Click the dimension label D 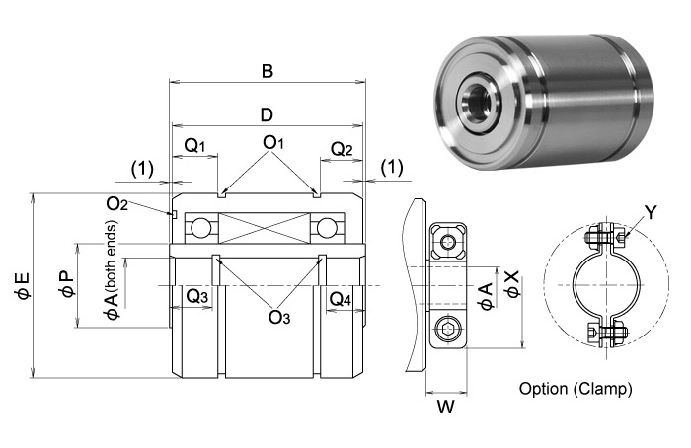click(267, 115)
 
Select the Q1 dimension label click(195, 146)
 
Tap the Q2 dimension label click(341, 150)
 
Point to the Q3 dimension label click(196, 296)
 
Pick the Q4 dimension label click(340, 298)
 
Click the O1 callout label click(273, 144)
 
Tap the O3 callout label click(279, 317)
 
